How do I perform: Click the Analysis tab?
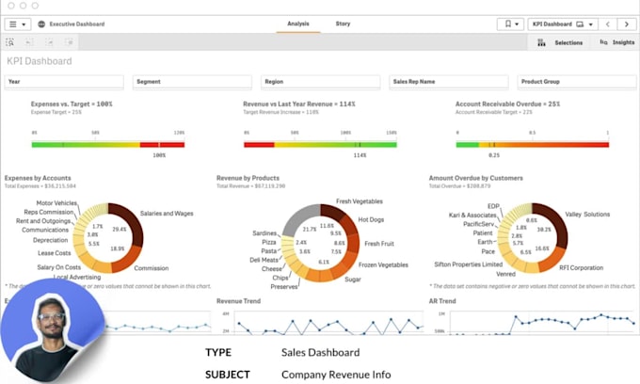click(x=297, y=24)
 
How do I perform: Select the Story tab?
click(x=343, y=24)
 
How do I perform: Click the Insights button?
click(x=617, y=42)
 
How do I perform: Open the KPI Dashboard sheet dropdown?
click(x=558, y=24)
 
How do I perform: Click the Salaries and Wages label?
click(x=167, y=214)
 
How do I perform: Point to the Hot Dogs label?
click(x=371, y=219)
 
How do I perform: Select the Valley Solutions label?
click(x=587, y=215)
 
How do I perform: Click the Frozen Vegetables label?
click(x=383, y=264)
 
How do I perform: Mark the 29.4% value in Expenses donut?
click(x=120, y=229)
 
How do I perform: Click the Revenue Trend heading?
click(x=240, y=301)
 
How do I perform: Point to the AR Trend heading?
click(x=441, y=301)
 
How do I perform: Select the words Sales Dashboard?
click(x=320, y=353)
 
